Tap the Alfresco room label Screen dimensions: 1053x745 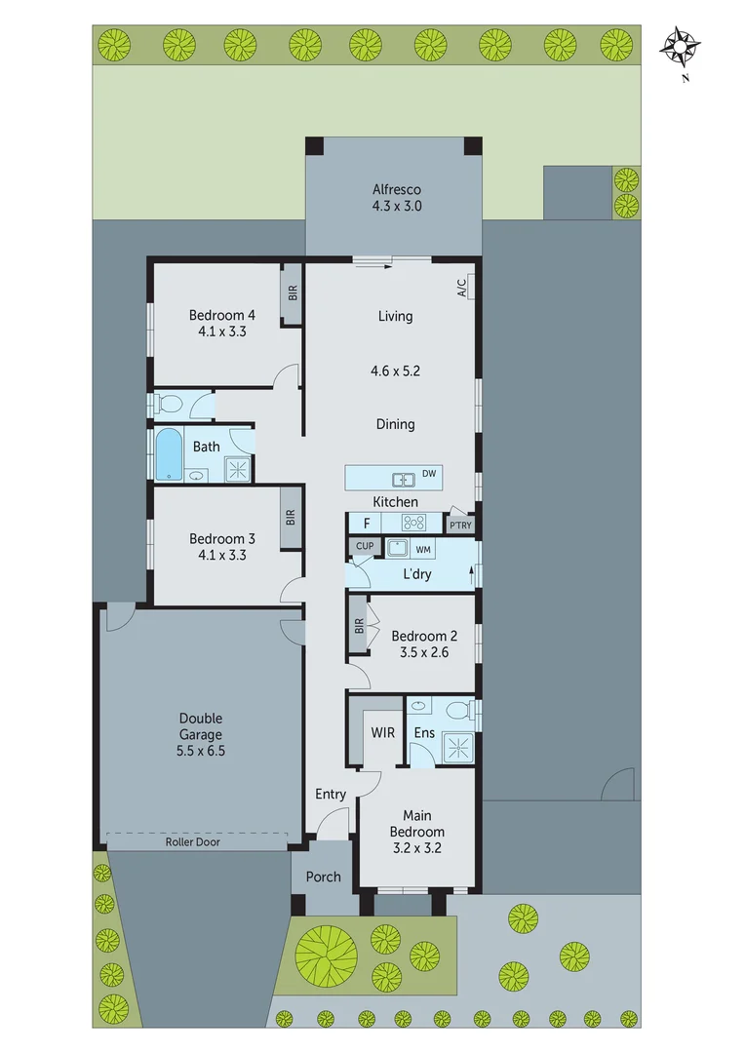[x=396, y=190]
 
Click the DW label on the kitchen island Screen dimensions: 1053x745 [x=429, y=475]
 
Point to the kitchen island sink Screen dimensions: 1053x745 [x=402, y=479]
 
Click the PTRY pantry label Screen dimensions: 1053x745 [x=459, y=526]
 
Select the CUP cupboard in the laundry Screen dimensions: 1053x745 [x=365, y=546]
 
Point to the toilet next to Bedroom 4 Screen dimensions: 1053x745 [x=168, y=404]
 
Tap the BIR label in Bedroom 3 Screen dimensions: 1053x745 [x=291, y=517]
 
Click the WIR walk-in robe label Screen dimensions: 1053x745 [x=382, y=731]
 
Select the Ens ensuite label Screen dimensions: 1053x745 [x=424, y=732]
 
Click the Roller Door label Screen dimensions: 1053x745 [x=192, y=841]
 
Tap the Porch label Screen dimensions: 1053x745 [x=323, y=877]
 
